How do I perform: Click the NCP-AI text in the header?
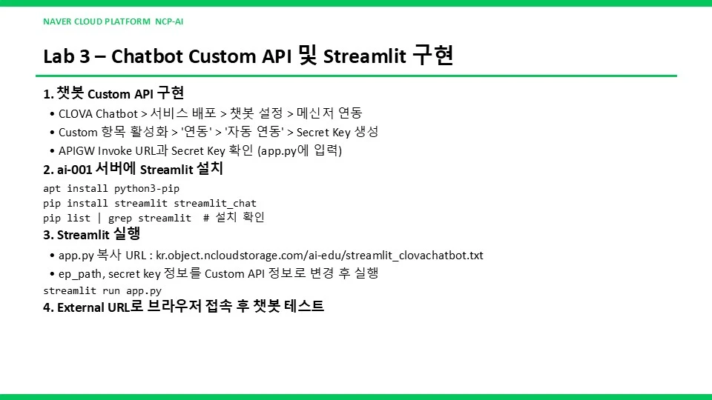pyautogui.click(x=169, y=21)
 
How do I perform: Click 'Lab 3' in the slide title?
pyautogui.click(x=66, y=56)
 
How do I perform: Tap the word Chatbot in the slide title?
pyautogui.click(x=147, y=56)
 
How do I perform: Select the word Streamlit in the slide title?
pyautogui.click(x=365, y=56)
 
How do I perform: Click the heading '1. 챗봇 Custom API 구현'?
pyautogui.click(x=113, y=93)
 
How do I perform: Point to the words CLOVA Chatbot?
pyautogui.click(x=98, y=113)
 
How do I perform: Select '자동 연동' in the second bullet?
pyautogui.click(x=254, y=132)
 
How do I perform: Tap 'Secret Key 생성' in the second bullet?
pyautogui.click(x=337, y=132)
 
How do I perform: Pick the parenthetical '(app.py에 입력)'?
pyautogui.click(x=300, y=150)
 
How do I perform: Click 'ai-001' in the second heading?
pyautogui.click(x=74, y=170)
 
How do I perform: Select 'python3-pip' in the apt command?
pyautogui.click(x=147, y=188)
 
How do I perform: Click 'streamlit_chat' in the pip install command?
pyautogui.click(x=215, y=203)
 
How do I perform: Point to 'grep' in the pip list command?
pyautogui.click(x=120, y=218)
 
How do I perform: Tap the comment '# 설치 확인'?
pyautogui.click(x=234, y=218)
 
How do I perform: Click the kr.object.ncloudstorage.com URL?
pyautogui.click(x=320, y=256)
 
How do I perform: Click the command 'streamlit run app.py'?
pyautogui.click(x=102, y=290)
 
